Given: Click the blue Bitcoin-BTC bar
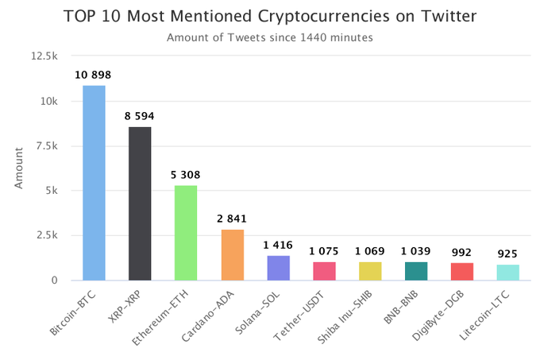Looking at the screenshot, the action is (x=94, y=183).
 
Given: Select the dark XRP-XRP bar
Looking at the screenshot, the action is (x=140, y=203).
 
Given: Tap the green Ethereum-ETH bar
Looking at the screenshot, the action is (x=186, y=233).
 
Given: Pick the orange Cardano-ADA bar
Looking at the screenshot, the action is (x=233, y=255).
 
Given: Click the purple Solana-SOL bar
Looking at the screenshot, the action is (x=279, y=268).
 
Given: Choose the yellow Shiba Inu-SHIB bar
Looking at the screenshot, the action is (x=370, y=271).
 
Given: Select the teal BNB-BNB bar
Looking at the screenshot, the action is (x=416, y=271).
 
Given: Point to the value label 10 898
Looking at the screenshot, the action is (x=93, y=75).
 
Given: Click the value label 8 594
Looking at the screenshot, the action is (x=140, y=116).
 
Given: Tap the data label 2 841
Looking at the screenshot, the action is (x=232, y=219).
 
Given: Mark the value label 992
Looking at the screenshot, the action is (x=461, y=253).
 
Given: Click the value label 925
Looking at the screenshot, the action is (x=507, y=254).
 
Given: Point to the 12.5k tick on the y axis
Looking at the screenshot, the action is (x=44, y=56).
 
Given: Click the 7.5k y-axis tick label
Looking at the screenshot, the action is (x=47, y=146).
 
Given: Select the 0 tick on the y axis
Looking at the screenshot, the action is (x=55, y=281).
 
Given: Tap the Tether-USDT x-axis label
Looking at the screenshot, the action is (x=299, y=316).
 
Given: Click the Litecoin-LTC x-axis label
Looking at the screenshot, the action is (x=484, y=315).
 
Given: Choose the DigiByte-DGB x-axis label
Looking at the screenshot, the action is (x=438, y=315).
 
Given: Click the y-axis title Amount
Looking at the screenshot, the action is (x=18, y=168).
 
